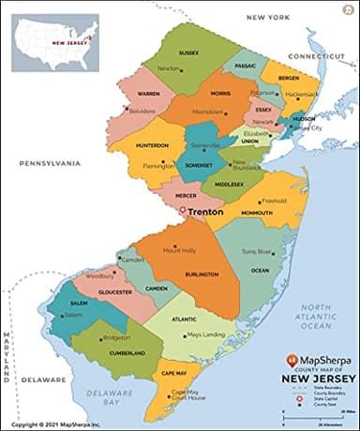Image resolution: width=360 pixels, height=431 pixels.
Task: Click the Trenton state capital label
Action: (x=207, y=213)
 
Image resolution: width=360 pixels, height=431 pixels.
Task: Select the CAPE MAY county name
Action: (x=176, y=374)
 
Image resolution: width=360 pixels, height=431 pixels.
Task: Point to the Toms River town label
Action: (x=255, y=252)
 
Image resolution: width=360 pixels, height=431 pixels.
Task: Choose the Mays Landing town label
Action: (x=206, y=334)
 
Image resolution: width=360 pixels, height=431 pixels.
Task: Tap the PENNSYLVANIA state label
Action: (x=51, y=162)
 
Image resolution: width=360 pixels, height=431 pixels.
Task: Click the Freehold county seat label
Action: (x=274, y=201)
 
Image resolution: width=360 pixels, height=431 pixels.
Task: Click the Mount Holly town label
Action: (x=179, y=250)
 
